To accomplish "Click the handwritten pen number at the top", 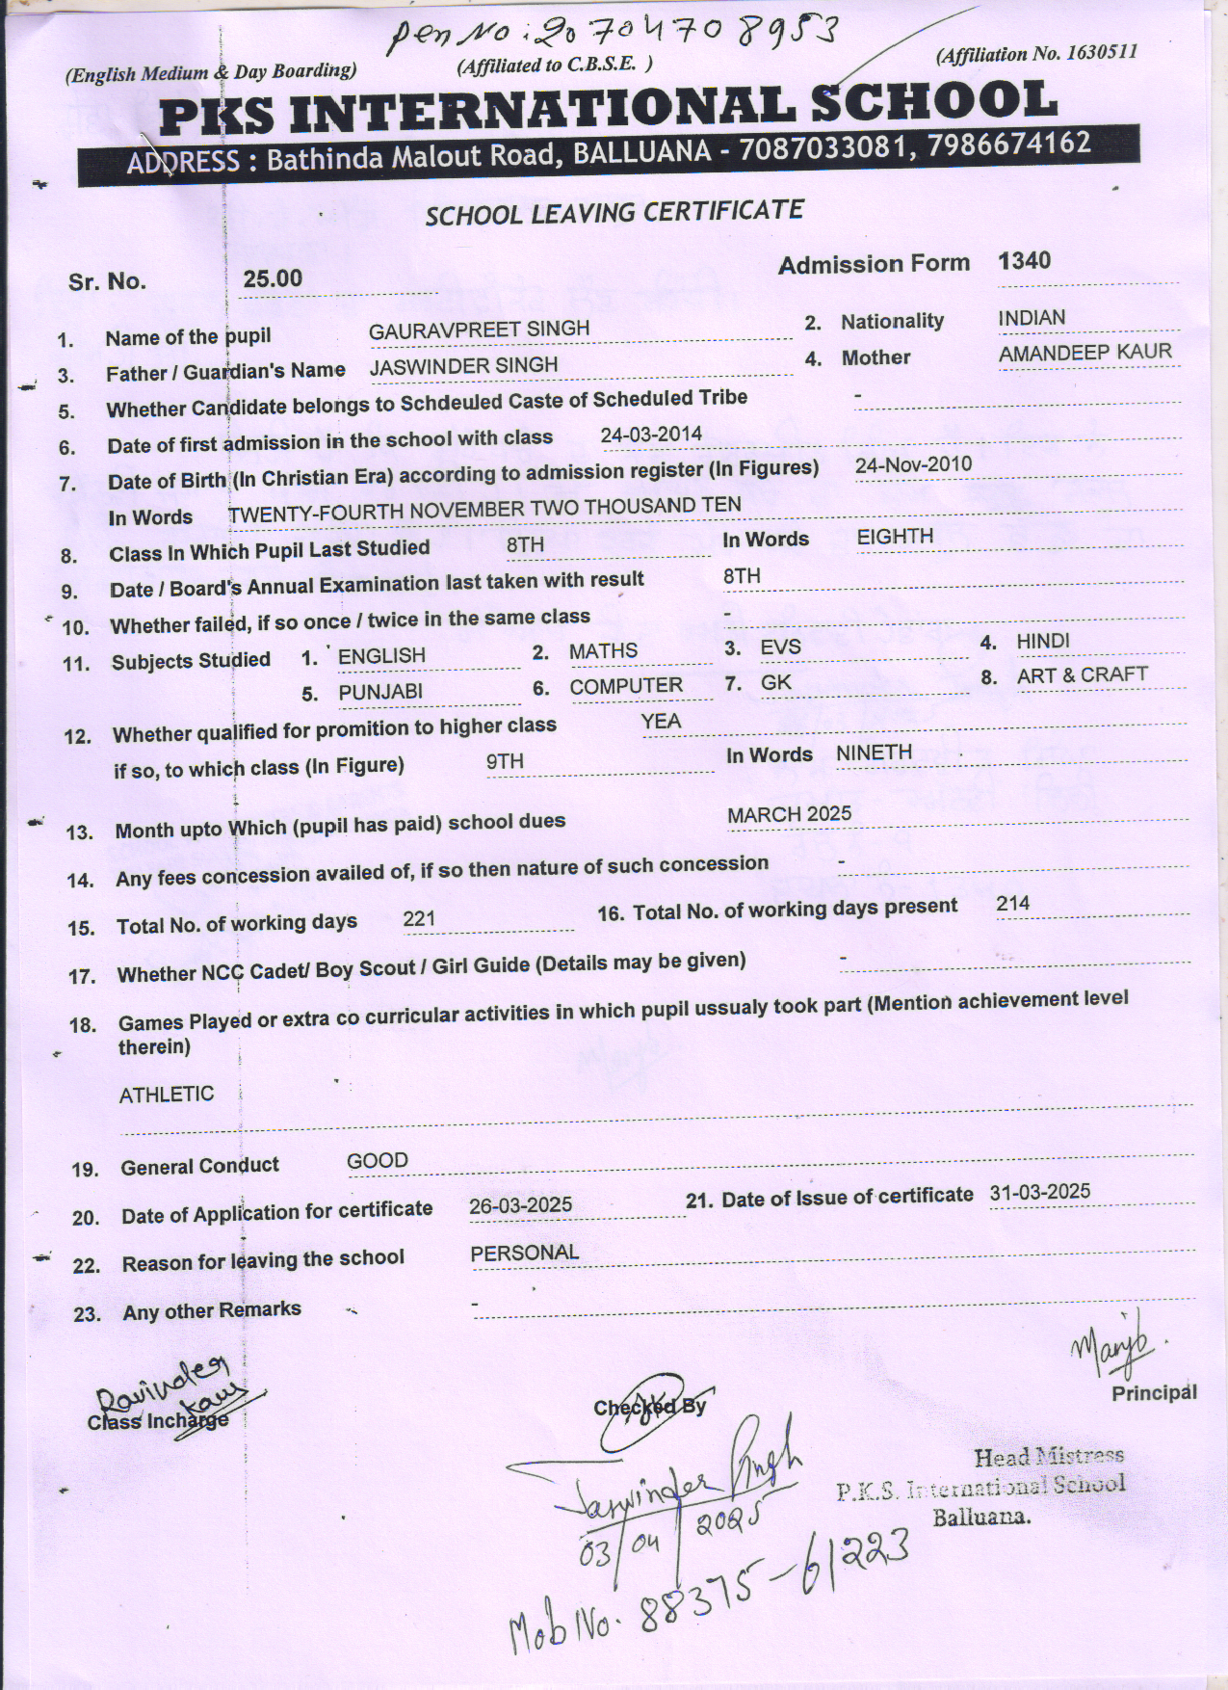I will coord(612,37).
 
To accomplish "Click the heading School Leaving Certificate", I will coord(614,212).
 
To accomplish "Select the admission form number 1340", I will coord(1025,261).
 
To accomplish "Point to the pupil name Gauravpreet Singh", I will coord(479,329).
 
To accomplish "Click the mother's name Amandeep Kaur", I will coord(1085,354).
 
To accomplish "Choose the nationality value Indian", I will coord(1032,318).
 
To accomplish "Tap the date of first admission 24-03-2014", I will coord(651,435).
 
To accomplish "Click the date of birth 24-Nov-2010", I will coord(913,465).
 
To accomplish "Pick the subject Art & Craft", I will coord(1082,675).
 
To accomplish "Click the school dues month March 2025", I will coord(789,815).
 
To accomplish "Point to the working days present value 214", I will coord(1013,904).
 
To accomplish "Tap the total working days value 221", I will coord(420,919).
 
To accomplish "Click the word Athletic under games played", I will coord(167,1095).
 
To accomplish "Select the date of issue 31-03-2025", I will coord(1039,1192).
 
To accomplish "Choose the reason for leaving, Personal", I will coord(525,1253).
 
